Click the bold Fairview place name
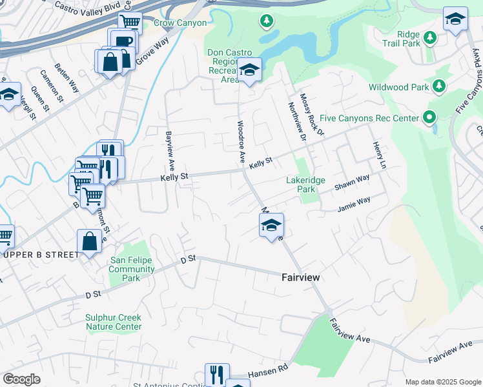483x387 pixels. tap(301, 277)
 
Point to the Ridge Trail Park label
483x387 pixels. tap(418, 39)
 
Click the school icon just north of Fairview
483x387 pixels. tap(271, 226)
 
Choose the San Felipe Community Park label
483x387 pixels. tap(132, 269)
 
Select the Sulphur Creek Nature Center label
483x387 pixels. tap(114, 322)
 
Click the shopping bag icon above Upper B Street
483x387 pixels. tap(89, 243)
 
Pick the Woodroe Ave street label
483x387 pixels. tap(240, 141)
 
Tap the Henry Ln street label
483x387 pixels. tap(378, 157)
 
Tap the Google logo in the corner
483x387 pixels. tap(21, 379)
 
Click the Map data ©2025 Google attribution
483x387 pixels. tap(443, 381)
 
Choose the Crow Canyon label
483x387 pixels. tap(180, 23)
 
